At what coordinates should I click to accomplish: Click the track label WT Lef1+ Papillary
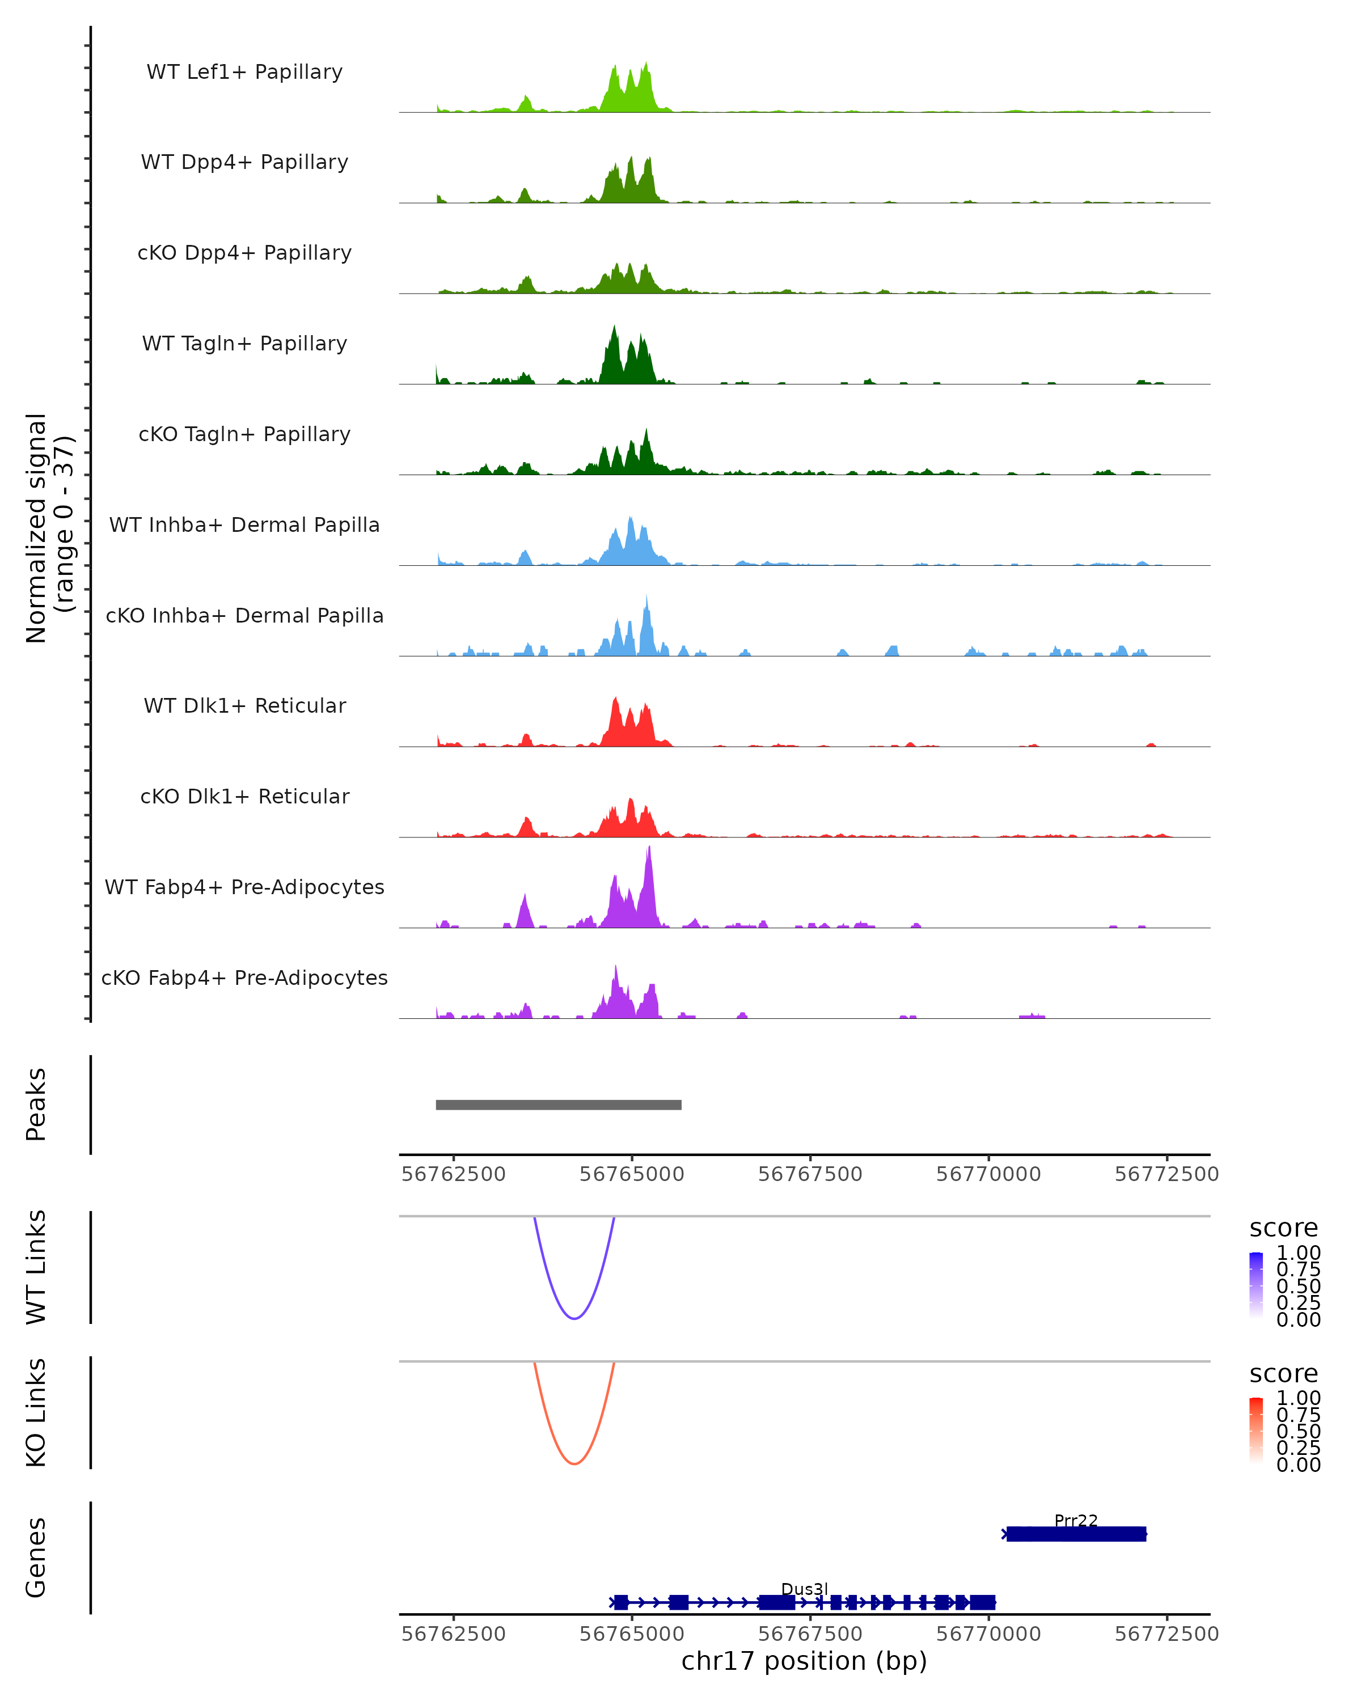point(244,72)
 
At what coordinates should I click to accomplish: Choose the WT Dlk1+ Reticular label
point(244,705)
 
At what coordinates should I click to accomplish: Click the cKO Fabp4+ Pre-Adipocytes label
point(244,978)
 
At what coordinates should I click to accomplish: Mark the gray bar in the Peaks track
point(559,1105)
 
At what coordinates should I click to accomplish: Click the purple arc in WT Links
point(574,1318)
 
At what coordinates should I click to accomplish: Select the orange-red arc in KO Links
point(574,1463)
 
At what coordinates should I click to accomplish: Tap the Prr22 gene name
point(1075,1520)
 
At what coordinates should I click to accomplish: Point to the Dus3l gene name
point(804,1589)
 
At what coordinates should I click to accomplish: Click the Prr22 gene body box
point(1075,1534)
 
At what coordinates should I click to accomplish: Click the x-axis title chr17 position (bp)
point(804,1661)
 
